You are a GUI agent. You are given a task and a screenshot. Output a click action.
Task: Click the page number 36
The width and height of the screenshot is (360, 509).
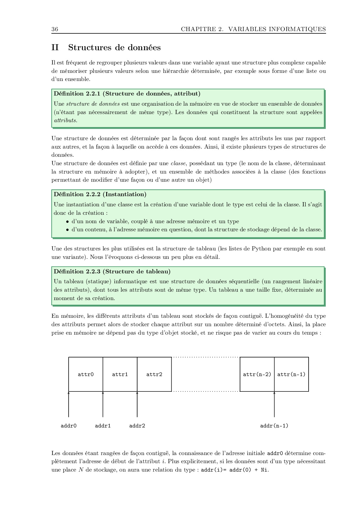click(x=55, y=29)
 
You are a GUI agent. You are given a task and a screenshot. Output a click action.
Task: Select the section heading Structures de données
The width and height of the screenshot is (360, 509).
click(x=114, y=48)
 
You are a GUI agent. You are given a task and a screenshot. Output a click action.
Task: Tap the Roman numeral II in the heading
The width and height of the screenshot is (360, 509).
click(x=55, y=48)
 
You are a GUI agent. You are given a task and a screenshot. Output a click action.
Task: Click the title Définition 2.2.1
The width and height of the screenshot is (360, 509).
click(x=77, y=93)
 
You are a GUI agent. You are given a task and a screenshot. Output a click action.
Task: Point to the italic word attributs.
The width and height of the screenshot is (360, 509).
click(x=65, y=120)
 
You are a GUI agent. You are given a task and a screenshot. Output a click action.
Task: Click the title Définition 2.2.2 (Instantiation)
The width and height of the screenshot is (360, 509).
click(x=100, y=194)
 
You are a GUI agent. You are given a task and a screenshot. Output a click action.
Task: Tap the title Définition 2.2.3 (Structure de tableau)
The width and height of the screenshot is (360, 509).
click(x=112, y=271)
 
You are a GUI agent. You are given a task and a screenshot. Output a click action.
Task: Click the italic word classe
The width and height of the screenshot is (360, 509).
click(x=178, y=163)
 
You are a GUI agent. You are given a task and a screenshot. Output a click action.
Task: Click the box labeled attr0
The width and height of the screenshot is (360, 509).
click(x=86, y=374)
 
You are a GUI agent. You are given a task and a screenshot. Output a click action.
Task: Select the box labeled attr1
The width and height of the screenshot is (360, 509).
click(x=120, y=374)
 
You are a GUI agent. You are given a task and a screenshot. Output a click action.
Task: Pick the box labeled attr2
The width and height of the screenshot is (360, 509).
click(x=154, y=374)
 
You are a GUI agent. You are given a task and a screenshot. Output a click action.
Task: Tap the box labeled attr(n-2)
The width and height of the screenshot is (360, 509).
click(x=257, y=374)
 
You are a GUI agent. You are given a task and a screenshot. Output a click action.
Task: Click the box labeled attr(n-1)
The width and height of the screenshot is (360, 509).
click(x=291, y=374)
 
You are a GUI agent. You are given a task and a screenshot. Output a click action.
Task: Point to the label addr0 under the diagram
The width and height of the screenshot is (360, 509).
click(x=69, y=426)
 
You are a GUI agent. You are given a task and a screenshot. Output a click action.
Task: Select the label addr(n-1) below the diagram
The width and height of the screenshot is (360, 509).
click(x=274, y=426)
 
